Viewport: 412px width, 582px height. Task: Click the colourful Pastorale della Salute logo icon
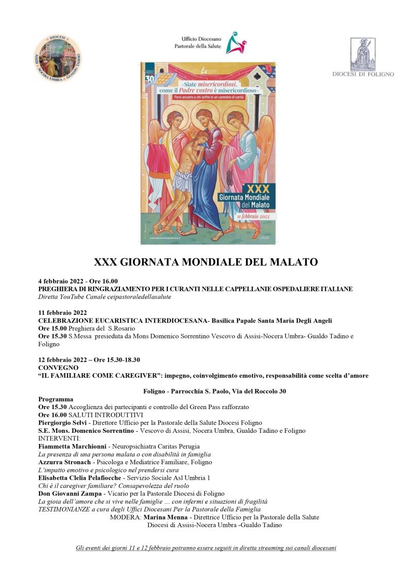click(x=236, y=43)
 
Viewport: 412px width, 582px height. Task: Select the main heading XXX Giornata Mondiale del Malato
click(x=205, y=262)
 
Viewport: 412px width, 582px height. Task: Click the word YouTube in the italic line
click(x=71, y=297)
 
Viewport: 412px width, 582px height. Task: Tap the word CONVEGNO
click(x=58, y=368)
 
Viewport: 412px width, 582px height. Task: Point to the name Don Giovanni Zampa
click(x=70, y=493)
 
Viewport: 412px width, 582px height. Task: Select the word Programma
click(x=56, y=399)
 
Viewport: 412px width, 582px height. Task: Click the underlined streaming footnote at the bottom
click(x=205, y=548)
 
